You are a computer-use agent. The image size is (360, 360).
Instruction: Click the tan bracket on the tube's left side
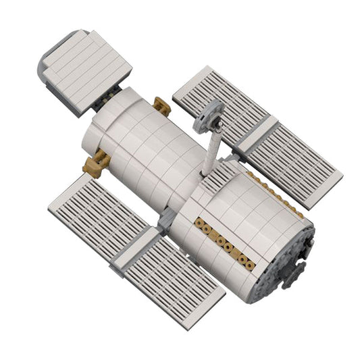(x=96, y=164)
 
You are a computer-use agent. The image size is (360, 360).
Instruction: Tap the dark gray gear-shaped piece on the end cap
(x=296, y=271)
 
